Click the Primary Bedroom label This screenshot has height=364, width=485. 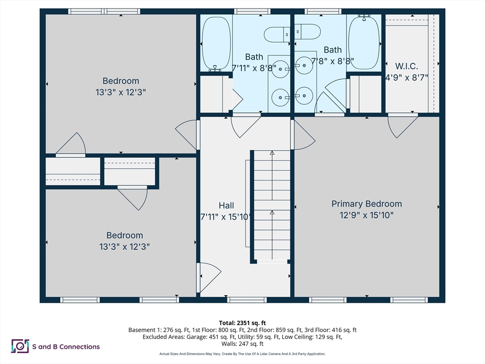point(367,204)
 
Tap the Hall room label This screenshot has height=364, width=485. point(226,205)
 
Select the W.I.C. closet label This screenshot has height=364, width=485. point(407,66)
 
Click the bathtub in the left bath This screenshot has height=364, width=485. point(216,44)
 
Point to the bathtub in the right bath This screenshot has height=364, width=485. point(364,42)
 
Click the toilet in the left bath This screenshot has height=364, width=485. point(277,34)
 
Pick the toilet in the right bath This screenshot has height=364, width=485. point(307,32)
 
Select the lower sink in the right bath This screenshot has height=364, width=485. point(304,96)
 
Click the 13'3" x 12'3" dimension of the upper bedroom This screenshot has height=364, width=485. point(121,92)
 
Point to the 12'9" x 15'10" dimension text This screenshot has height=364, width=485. point(367,215)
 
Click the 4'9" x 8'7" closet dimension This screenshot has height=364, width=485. point(407,77)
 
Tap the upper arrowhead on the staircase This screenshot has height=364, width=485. point(272,153)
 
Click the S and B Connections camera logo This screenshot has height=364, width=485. point(20,346)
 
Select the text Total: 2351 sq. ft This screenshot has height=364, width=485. point(242,323)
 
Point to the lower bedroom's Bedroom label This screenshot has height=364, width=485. point(125,235)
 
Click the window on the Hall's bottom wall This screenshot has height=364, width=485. point(247,300)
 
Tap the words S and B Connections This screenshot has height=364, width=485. point(66,346)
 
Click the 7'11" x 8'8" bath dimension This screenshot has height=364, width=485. point(254,68)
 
